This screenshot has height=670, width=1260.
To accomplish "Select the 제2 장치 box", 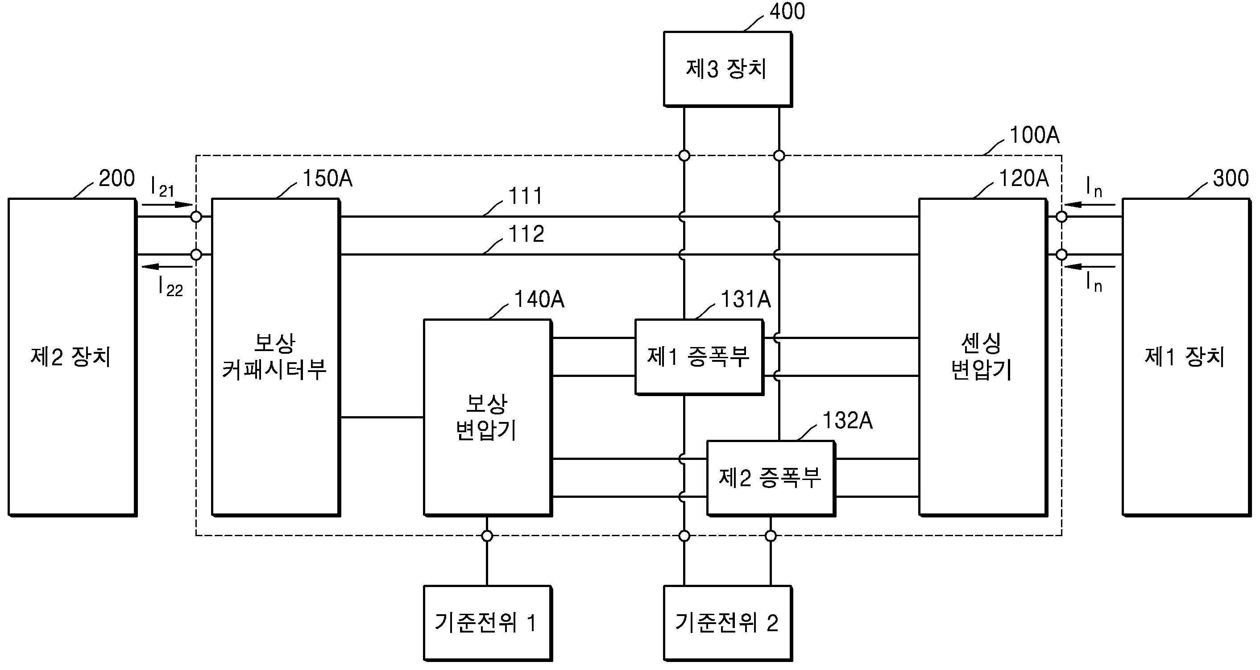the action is (72, 357).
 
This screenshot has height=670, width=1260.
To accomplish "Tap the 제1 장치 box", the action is (1185, 357).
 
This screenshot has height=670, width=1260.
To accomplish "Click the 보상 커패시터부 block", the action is (275, 357).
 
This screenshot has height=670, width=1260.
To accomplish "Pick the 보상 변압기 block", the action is (488, 418).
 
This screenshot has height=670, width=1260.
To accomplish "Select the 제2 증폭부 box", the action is (771, 478).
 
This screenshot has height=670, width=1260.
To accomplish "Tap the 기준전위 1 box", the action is (488, 623).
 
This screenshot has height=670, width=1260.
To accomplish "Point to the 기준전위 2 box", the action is (727, 623).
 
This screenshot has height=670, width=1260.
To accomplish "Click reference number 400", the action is (787, 11).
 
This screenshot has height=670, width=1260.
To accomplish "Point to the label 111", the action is (526, 196).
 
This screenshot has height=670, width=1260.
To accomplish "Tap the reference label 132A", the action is (848, 420).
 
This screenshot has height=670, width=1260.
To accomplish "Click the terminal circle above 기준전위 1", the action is (487, 536).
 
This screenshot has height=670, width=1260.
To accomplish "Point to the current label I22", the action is (170, 286).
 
